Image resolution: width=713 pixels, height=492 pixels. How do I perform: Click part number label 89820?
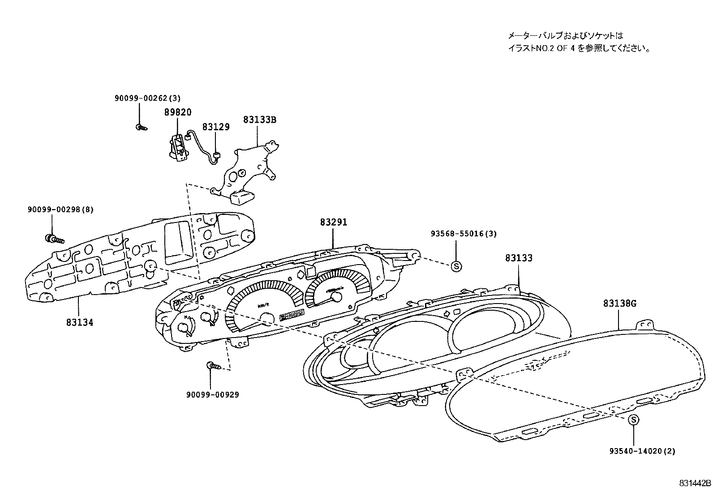point(177,112)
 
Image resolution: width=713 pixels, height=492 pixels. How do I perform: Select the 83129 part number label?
point(215,127)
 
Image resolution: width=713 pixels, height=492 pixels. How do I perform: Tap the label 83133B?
point(260,120)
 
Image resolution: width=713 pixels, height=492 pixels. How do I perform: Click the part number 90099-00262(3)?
point(146,98)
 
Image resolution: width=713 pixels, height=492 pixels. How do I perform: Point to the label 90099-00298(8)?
point(60,209)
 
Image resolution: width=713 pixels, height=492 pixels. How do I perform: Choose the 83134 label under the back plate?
point(79,322)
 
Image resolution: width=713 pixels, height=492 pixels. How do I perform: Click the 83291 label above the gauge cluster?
point(333,222)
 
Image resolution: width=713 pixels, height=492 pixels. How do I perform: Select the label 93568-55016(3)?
point(464,233)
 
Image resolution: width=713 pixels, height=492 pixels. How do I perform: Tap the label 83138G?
point(619,304)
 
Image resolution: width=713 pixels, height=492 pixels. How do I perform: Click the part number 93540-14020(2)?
point(642,451)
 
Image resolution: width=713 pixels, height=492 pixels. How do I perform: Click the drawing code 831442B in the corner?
point(695,483)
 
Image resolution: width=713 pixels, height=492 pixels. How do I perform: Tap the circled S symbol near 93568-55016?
point(456,266)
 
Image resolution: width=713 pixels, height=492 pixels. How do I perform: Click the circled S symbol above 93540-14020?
point(633,420)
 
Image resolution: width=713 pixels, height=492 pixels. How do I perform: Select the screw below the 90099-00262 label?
point(141,127)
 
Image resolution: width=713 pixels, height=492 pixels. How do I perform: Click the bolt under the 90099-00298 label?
point(53,239)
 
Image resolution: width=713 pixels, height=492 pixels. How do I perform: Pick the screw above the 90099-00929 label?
point(214,366)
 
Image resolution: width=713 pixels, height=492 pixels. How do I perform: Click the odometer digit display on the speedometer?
point(292,315)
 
